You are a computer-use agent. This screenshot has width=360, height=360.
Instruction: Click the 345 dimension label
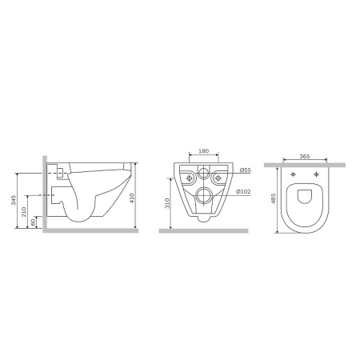coord(14,200)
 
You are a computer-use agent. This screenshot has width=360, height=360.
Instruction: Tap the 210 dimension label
coord(24,212)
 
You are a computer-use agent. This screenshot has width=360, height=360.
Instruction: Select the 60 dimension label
coord(34,222)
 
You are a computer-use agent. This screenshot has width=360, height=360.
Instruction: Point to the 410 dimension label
coord(132,198)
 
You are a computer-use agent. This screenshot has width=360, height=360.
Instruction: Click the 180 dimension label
coord(204,151)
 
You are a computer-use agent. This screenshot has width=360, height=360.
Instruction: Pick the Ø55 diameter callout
coord(246,170)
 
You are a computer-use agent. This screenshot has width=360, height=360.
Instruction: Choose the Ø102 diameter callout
coord(243,191)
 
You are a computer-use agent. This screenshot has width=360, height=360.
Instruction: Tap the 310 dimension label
coord(167,203)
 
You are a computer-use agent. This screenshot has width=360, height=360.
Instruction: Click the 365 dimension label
coord(305,156)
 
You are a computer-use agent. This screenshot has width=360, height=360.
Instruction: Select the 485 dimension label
coord(273,198)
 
